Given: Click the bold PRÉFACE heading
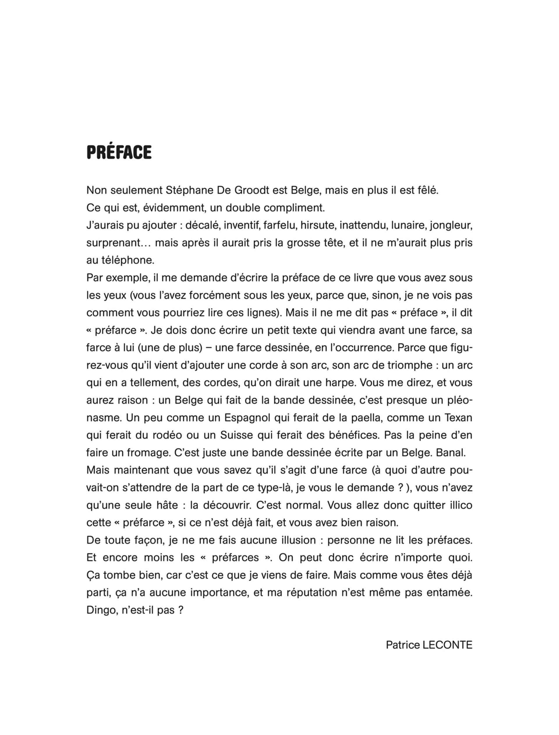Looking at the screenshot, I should pyautogui.click(x=119, y=152).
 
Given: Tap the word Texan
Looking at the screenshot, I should pyautogui.click(x=459, y=418).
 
